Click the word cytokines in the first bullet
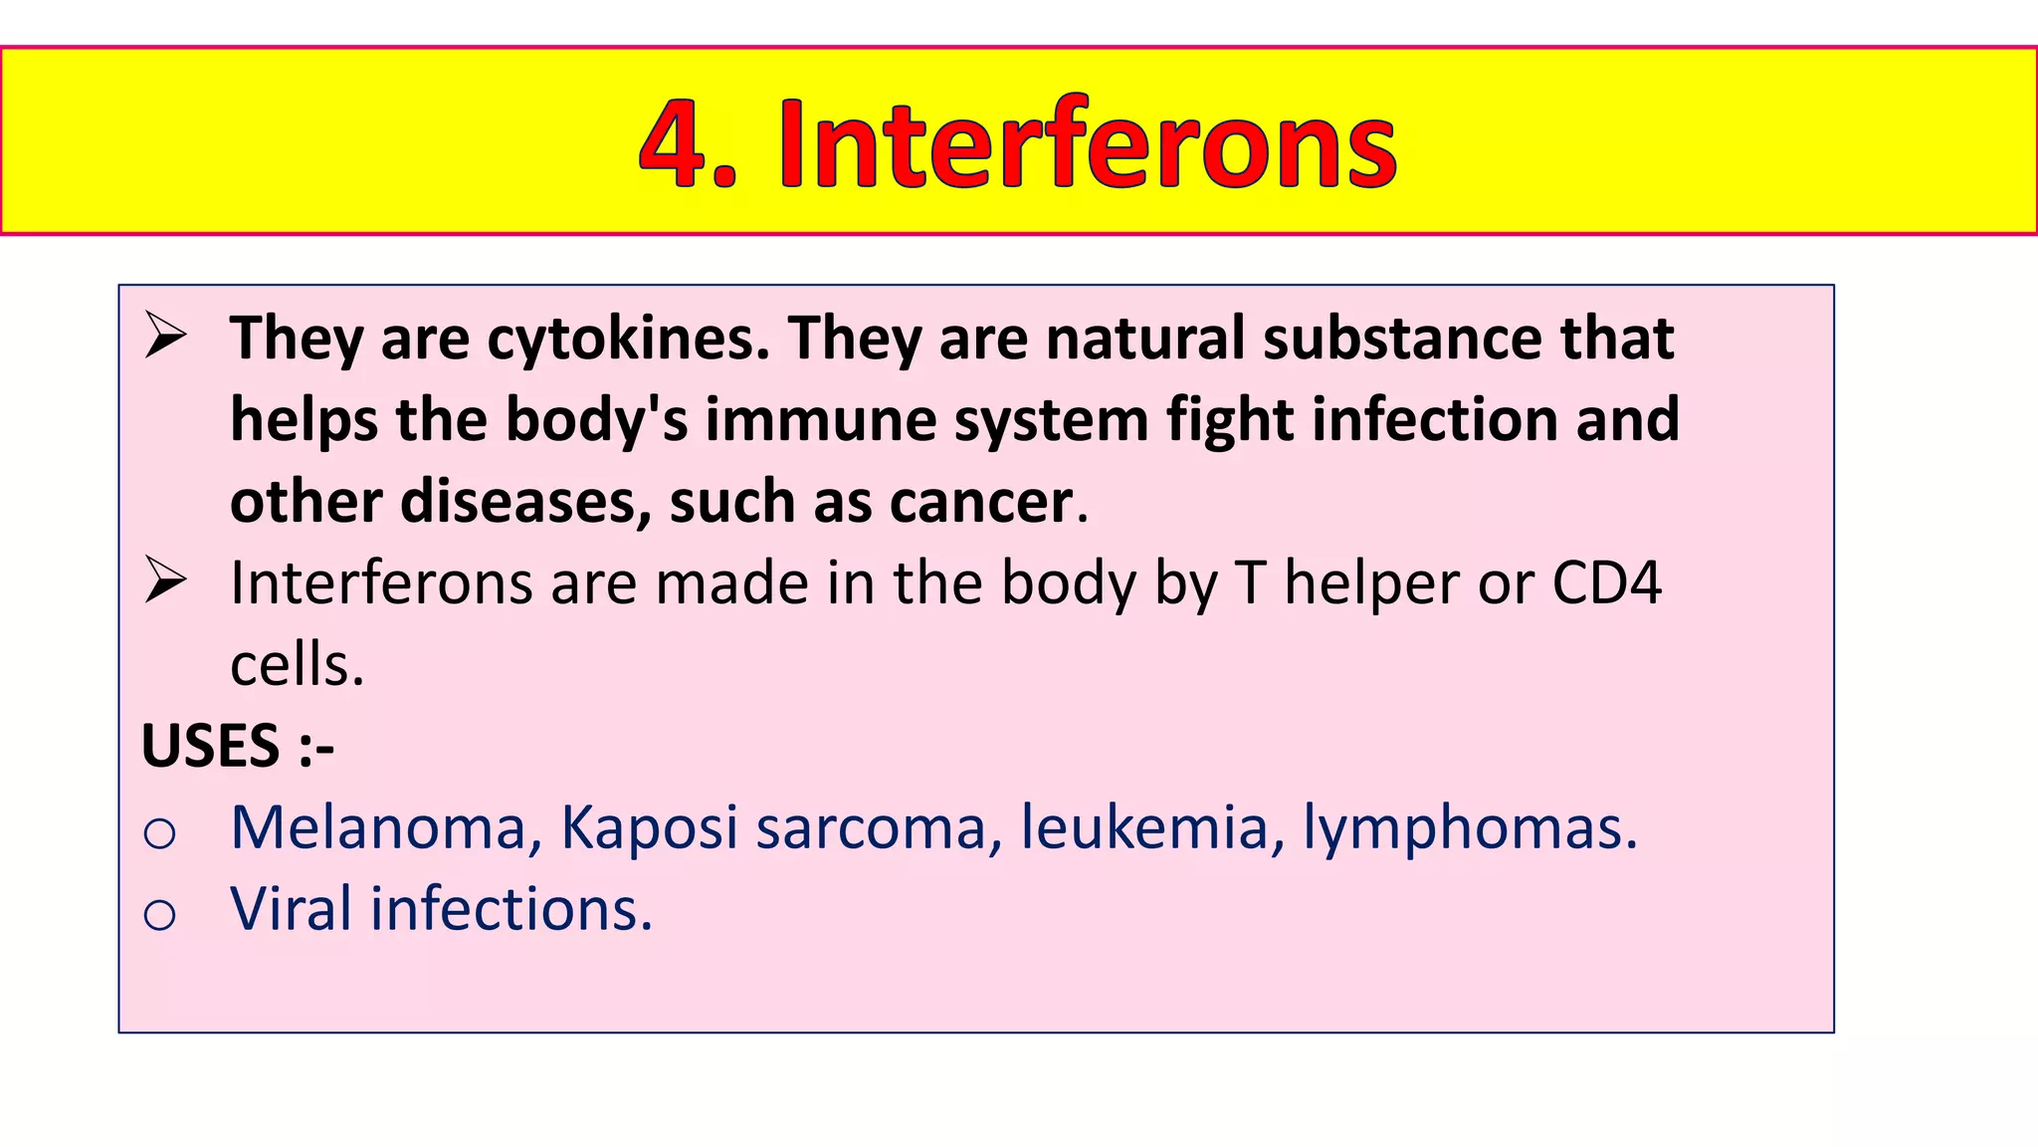[x=628, y=339]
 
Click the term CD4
[x=1606, y=583]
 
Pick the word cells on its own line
[x=297, y=665]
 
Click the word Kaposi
[x=648, y=828]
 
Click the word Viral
[x=291, y=909]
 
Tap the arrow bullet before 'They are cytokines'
[x=164, y=336]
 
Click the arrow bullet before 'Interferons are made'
[x=164, y=580]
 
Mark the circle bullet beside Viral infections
[x=159, y=914]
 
